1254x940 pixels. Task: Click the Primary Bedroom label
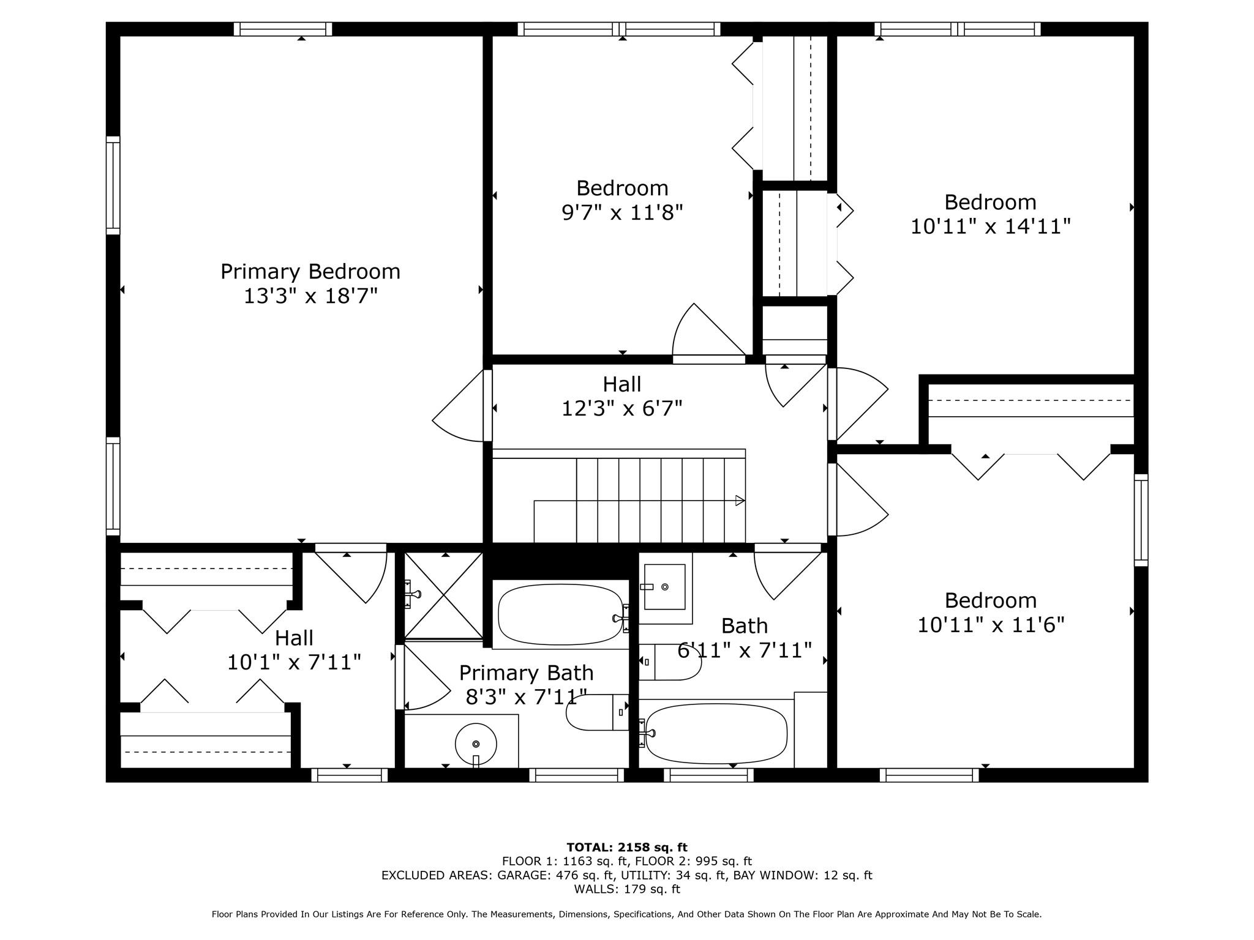pos(310,272)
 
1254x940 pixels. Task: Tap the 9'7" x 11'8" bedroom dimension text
pos(622,212)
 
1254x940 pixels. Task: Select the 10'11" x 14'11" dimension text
pos(990,226)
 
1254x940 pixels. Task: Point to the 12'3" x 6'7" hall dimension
pos(622,408)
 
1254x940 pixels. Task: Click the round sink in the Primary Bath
pos(476,744)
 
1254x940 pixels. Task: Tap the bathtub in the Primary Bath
pos(561,614)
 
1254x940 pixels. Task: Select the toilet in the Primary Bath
pos(597,712)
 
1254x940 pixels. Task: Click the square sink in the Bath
pos(664,587)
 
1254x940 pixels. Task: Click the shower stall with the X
pos(443,595)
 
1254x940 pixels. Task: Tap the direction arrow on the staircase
pos(740,501)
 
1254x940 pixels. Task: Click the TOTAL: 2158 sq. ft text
pos(627,847)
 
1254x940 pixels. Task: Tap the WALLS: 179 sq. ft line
pos(627,889)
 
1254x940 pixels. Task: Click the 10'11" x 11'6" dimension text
pos(991,625)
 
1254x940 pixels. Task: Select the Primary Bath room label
pos(527,673)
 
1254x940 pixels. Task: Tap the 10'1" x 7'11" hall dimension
pos(294,662)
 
